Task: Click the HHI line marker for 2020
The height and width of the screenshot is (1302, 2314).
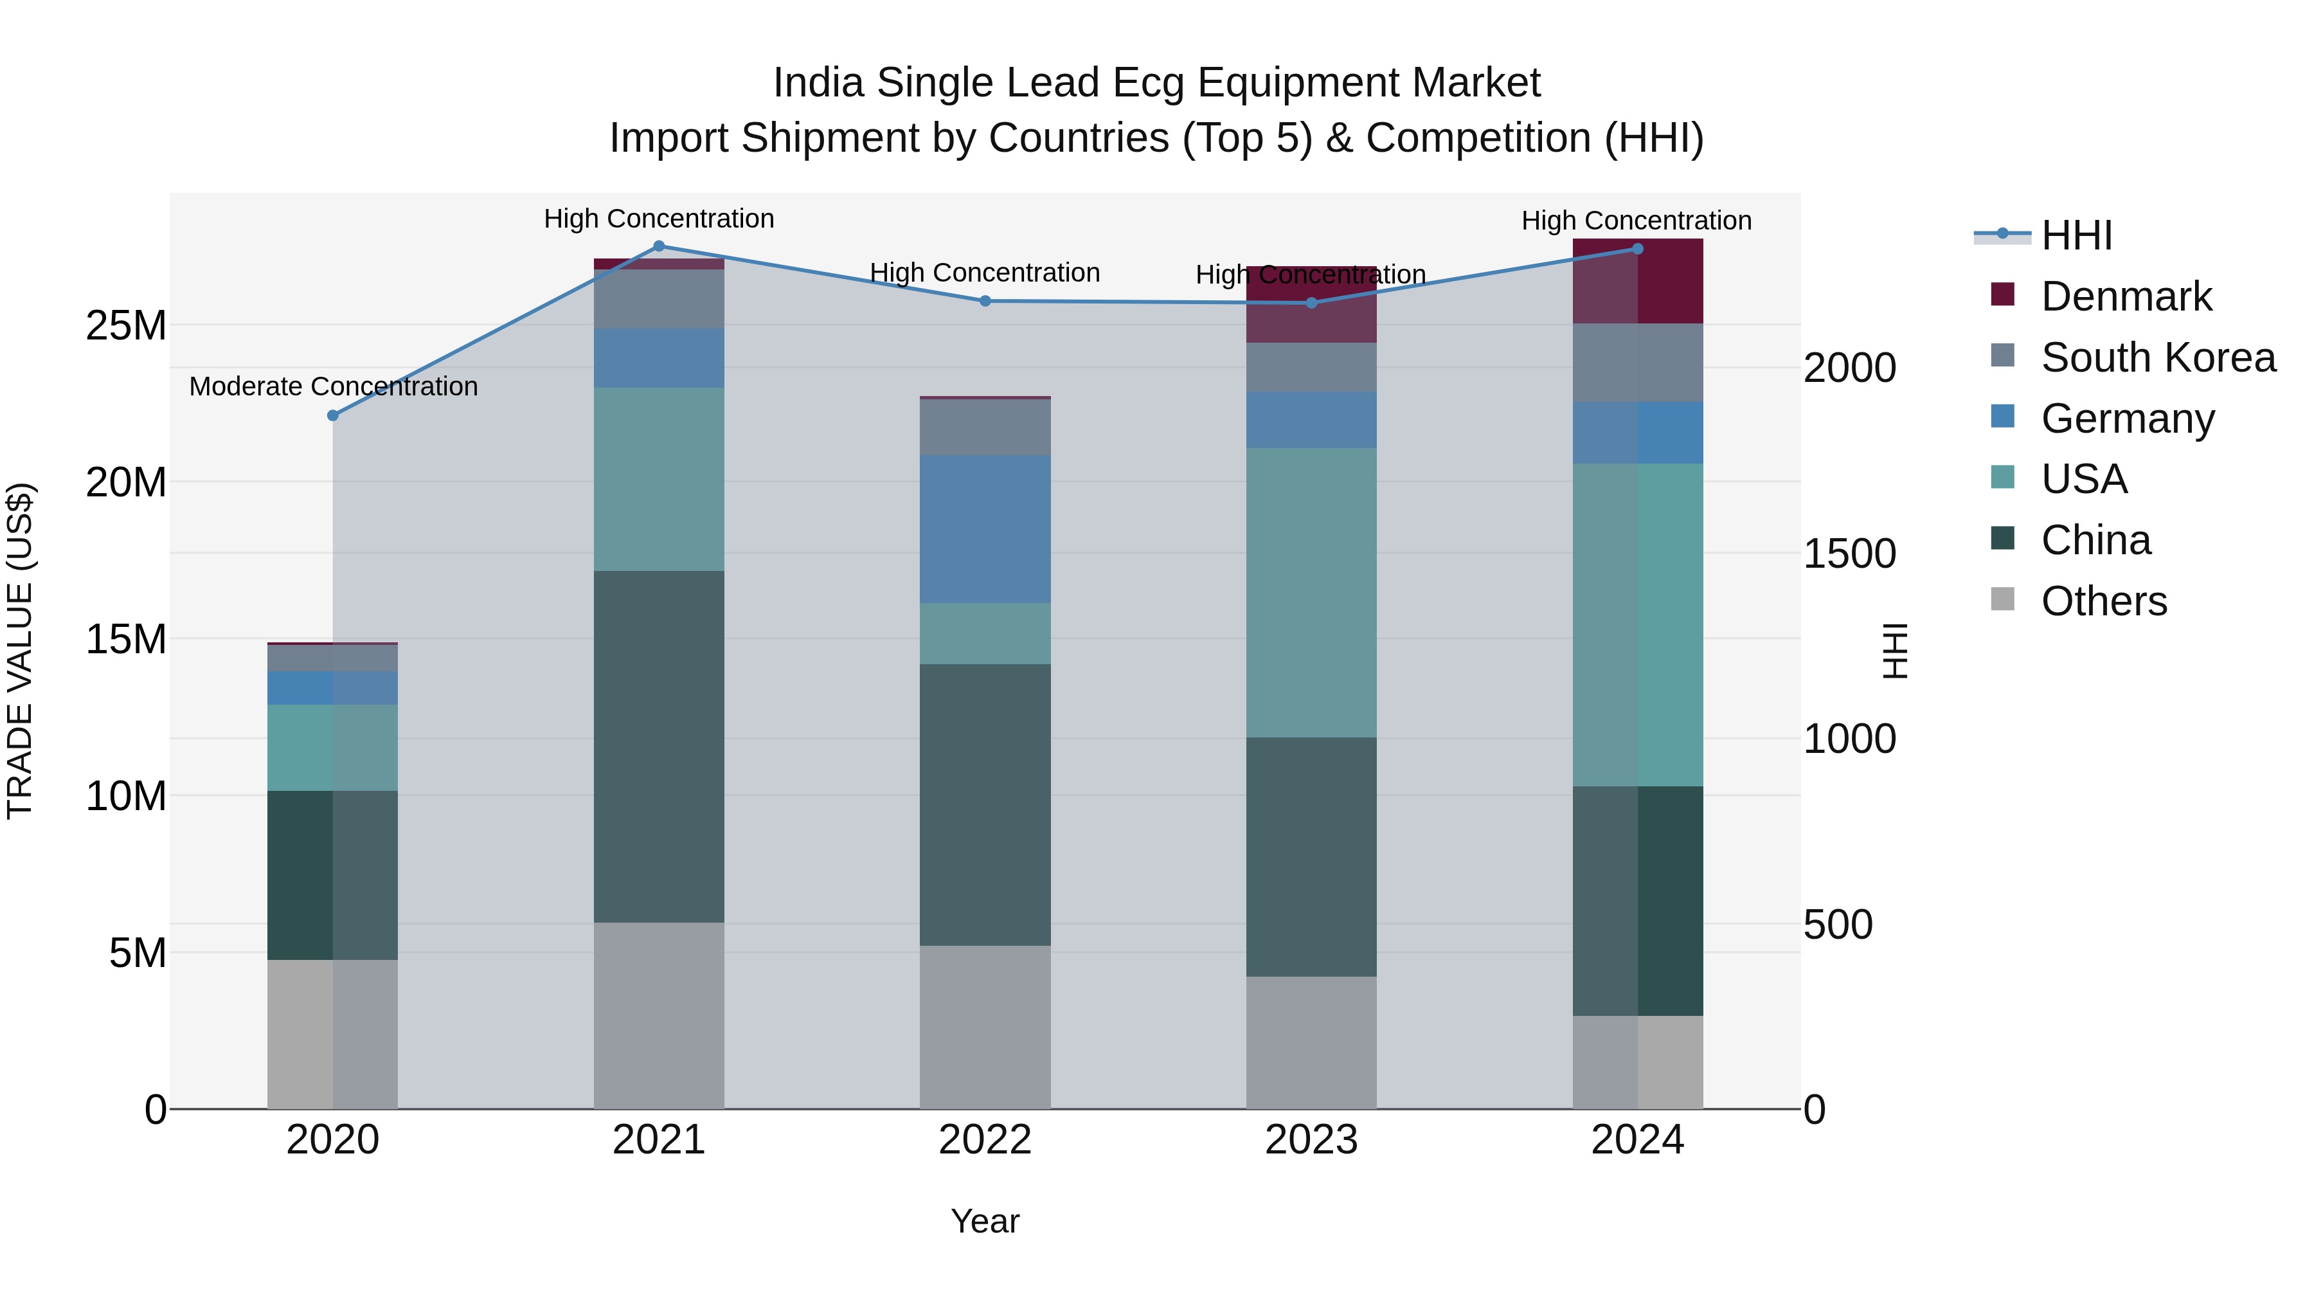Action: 332,415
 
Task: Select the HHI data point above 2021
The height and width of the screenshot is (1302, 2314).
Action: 658,246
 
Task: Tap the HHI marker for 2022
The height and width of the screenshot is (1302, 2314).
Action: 985,301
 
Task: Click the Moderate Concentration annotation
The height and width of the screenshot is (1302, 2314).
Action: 333,386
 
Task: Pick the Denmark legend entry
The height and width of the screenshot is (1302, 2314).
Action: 2126,296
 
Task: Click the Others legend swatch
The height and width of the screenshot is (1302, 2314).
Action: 2002,599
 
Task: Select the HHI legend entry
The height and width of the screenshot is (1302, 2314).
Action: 2076,235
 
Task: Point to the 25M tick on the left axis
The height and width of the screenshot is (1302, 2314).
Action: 126,325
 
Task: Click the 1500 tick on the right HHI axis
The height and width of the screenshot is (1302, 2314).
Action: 1849,554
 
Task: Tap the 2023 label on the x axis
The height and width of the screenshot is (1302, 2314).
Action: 1311,1140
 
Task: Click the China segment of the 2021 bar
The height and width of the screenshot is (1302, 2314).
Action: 658,746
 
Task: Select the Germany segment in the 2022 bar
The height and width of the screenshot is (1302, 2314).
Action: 985,529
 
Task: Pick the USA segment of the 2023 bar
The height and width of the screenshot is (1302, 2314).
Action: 1311,593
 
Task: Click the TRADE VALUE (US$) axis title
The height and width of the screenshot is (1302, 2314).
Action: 20,651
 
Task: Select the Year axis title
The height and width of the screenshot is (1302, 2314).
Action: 985,1221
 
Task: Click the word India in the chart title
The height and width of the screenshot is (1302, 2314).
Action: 818,83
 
